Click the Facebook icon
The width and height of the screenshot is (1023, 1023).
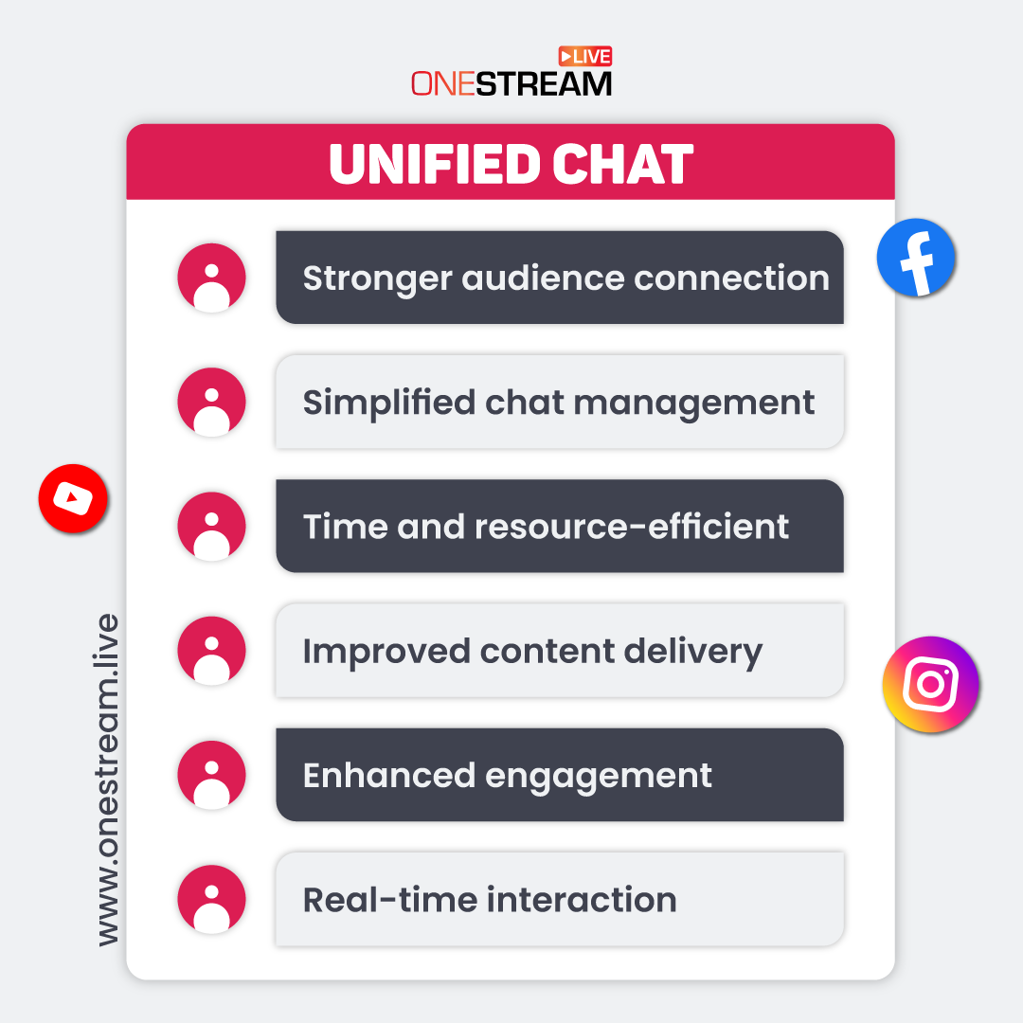[915, 257]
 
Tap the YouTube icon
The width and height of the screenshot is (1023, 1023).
[73, 498]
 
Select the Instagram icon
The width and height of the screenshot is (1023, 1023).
[930, 684]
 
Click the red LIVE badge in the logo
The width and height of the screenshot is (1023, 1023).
[585, 56]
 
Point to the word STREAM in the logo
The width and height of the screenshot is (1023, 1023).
[544, 84]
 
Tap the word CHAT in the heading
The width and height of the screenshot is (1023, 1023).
[622, 164]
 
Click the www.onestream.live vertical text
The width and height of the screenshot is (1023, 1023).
[108, 780]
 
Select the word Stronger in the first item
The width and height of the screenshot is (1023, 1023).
[377, 278]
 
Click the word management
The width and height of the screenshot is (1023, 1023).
[694, 404]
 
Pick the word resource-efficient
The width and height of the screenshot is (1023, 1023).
[632, 527]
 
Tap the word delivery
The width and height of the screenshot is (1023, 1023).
[692, 652]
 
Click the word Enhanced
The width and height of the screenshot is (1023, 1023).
[389, 775]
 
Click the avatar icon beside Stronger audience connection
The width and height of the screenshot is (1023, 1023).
[211, 278]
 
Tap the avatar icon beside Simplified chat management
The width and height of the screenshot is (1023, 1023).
[211, 402]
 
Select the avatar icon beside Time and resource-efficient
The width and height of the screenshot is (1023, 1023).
[211, 526]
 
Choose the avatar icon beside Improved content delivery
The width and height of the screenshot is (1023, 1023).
[211, 651]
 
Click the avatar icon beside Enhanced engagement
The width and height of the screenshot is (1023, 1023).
[211, 775]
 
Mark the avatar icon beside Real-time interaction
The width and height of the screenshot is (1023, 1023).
[211, 899]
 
